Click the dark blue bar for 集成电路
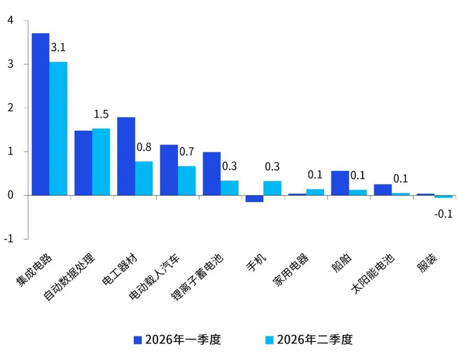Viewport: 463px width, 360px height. coord(40,114)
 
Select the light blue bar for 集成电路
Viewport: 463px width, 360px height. coord(58,128)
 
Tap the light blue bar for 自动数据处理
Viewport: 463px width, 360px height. coord(101,162)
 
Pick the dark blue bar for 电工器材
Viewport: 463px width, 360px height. coord(126,156)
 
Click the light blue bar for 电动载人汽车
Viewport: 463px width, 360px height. coord(187,181)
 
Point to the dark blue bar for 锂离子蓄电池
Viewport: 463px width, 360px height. coord(212,173)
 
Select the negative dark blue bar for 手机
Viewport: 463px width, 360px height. coord(255,199)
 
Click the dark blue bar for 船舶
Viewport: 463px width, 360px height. coord(340,183)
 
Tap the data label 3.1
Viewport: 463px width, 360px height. coord(58,47)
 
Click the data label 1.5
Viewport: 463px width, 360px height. coord(101,114)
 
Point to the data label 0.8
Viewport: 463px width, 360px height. coord(144,147)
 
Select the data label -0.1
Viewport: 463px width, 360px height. coord(444,214)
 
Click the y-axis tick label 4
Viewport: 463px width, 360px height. coord(11,21)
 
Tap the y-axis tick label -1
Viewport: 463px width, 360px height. coord(9,239)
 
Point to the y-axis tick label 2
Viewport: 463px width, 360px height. coord(11,108)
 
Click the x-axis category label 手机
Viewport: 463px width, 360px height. coord(257,263)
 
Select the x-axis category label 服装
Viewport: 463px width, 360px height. coord(427,263)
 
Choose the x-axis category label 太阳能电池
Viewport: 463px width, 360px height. coord(372,274)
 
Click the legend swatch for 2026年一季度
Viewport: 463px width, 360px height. coord(138,340)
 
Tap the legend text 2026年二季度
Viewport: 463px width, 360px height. coord(315,340)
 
